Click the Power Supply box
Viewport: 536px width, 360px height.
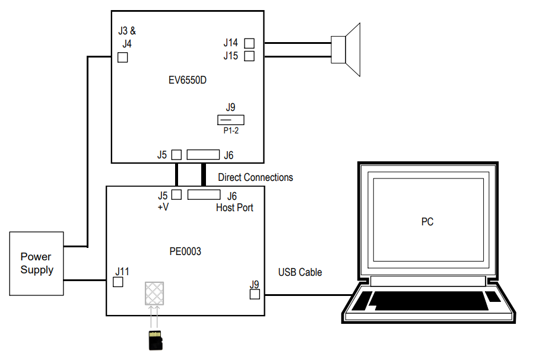[x=36, y=263]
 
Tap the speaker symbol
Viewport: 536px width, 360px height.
[x=347, y=50]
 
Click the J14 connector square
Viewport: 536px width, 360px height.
[x=249, y=43]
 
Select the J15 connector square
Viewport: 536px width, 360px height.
[x=249, y=56]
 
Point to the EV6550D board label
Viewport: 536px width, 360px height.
[x=187, y=79]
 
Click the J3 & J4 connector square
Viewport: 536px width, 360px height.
[x=123, y=58]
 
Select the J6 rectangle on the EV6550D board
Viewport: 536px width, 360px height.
[x=203, y=155]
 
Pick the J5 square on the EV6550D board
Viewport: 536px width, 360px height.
[x=176, y=155]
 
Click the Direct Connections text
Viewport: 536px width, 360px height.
[x=255, y=177]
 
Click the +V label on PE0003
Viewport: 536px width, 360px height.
[x=163, y=208]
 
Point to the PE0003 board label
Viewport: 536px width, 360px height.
[x=185, y=251]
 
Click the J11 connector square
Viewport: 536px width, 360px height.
[x=118, y=282]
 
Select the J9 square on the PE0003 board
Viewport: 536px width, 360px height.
[x=255, y=294]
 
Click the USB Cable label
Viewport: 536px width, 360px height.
[x=300, y=272]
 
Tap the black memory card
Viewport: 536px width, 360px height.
[x=155, y=341]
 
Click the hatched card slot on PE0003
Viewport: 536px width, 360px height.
[x=154, y=293]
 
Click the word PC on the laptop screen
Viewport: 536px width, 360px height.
[x=427, y=222]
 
